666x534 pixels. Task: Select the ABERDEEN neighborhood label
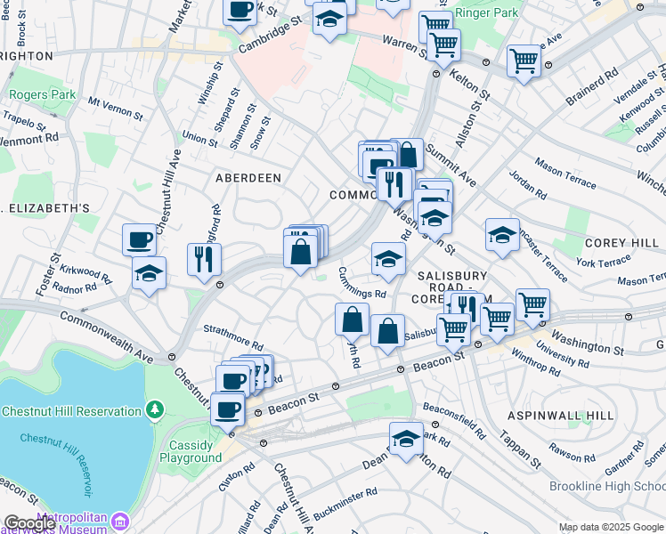coord(248,178)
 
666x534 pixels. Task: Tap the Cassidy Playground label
coord(191,451)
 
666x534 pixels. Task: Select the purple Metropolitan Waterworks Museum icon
coord(122,519)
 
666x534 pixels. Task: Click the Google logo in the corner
coord(28,523)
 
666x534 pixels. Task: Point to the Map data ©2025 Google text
coord(611,527)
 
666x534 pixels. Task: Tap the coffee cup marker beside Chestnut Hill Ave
coord(140,239)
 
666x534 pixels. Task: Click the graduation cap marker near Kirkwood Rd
coord(149,272)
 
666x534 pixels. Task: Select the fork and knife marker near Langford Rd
coord(204,258)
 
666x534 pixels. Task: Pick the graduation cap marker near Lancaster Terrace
coord(502,235)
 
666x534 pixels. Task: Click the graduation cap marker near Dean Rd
coord(406,438)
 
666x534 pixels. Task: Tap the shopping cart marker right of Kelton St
coord(524,61)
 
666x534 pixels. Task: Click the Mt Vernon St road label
coord(116,109)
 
